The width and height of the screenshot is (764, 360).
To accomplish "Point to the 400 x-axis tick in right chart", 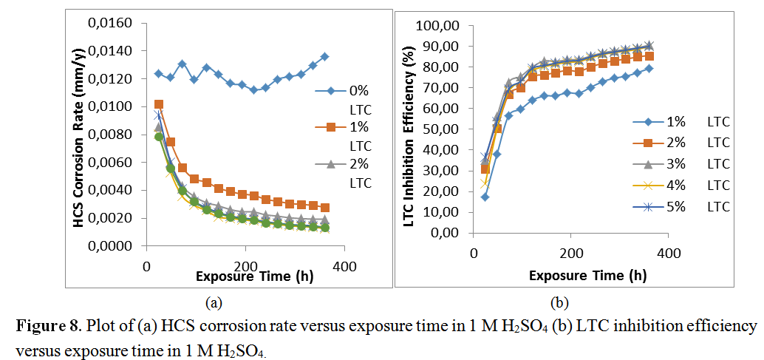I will tap(669, 254).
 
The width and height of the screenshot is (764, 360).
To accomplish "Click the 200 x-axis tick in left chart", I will tap(245, 265).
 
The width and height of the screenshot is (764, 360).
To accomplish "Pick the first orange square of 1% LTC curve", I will tap(159, 105).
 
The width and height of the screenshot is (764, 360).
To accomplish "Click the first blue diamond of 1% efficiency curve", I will tap(485, 197).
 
